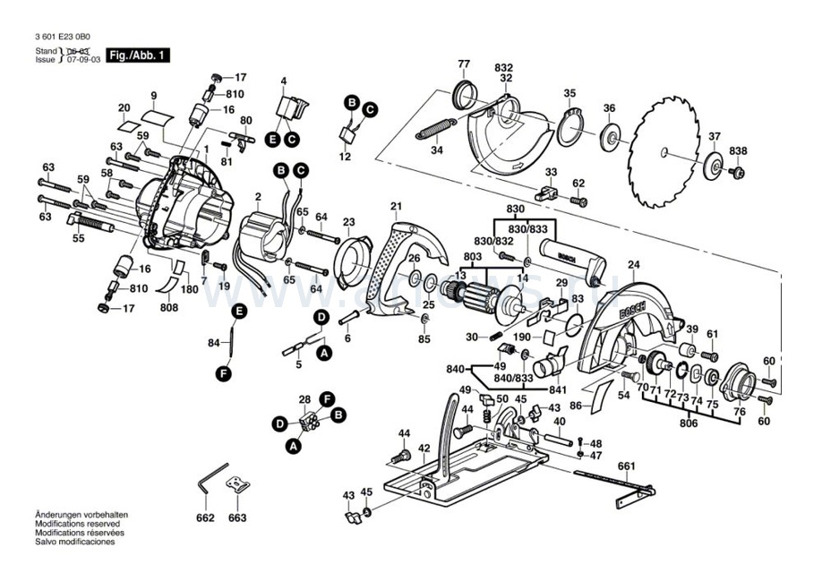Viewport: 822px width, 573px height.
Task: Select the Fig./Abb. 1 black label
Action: pos(136,56)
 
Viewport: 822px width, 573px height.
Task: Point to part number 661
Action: pos(626,465)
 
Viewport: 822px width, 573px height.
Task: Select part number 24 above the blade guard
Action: pos(634,264)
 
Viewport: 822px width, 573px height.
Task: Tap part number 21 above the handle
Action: pos(396,208)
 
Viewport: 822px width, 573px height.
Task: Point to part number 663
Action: pos(236,518)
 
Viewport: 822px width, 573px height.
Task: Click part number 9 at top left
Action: pos(153,96)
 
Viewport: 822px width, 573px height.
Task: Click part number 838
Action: pos(737,150)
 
